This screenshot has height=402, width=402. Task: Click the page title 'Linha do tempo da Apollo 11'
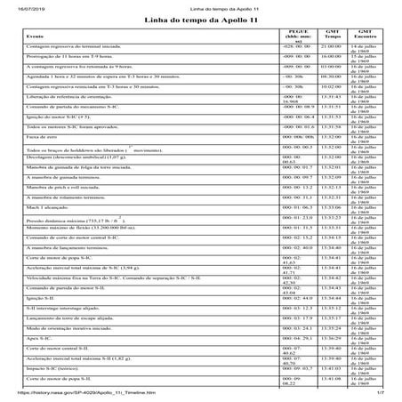[x=200, y=19]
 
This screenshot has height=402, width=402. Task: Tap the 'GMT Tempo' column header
[x=330, y=34]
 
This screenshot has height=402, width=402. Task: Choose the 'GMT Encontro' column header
[x=365, y=34]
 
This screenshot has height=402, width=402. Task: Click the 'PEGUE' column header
[x=297, y=35]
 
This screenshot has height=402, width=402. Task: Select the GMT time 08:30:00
[x=330, y=76]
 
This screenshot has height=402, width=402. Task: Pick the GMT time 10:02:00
[x=330, y=86]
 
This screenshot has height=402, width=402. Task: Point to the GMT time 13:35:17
[x=330, y=318]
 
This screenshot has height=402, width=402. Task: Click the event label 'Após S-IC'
[x=33, y=339]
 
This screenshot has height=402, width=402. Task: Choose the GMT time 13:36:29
[x=330, y=339]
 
